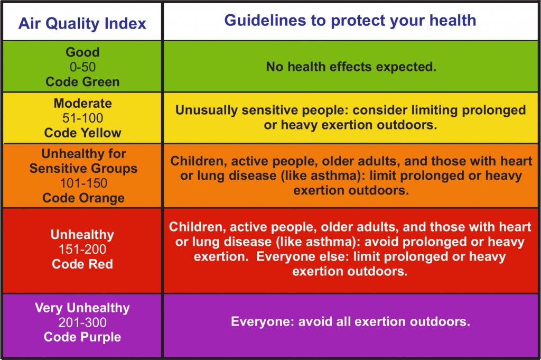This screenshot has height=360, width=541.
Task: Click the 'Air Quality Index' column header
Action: point(82,23)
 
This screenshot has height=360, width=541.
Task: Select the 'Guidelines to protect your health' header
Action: point(350,21)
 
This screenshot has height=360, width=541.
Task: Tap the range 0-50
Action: point(82,67)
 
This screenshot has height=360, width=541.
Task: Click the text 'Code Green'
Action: point(82,82)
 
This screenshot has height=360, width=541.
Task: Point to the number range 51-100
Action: point(82,118)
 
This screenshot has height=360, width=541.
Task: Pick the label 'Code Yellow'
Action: point(82,133)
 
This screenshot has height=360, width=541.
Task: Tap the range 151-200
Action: point(82,249)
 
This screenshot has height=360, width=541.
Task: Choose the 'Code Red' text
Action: point(82,264)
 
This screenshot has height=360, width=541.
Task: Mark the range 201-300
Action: point(82,322)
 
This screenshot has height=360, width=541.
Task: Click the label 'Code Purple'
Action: point(82,337)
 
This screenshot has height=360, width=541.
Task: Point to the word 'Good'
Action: point(82,52)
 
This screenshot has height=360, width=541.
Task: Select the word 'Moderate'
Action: point(82,103)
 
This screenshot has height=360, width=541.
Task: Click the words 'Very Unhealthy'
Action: point(82,307)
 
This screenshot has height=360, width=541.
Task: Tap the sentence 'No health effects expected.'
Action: point(350,67)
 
